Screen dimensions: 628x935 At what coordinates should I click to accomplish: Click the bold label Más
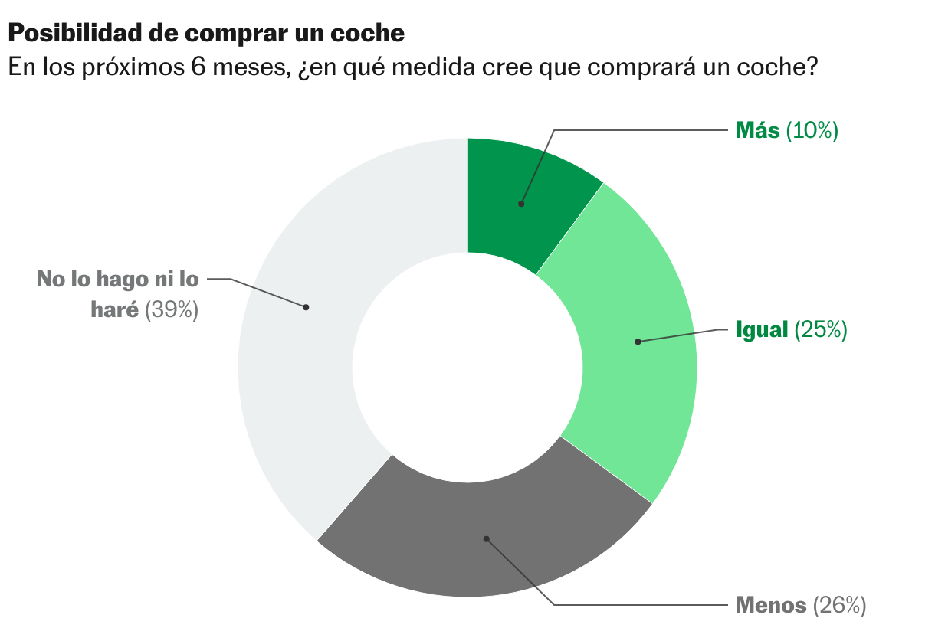coord(757,131)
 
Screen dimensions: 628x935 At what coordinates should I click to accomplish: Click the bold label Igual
coord(762,330)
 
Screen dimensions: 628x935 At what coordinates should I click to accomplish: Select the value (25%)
coord(820,330)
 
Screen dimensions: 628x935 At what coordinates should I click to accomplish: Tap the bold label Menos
coord(771,605)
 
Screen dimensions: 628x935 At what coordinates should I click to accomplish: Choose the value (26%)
coord(839,605)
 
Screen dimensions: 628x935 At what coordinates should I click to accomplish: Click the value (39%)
coord(172,310)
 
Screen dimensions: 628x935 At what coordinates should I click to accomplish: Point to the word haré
coord(115,310)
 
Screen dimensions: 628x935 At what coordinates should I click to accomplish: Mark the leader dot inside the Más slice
coord(521,204)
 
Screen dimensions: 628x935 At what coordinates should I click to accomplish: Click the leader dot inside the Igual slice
coord(638,342)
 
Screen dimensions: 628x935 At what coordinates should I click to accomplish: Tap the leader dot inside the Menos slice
coord(486,538)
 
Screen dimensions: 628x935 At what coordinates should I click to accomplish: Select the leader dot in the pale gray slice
coord(306,307)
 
